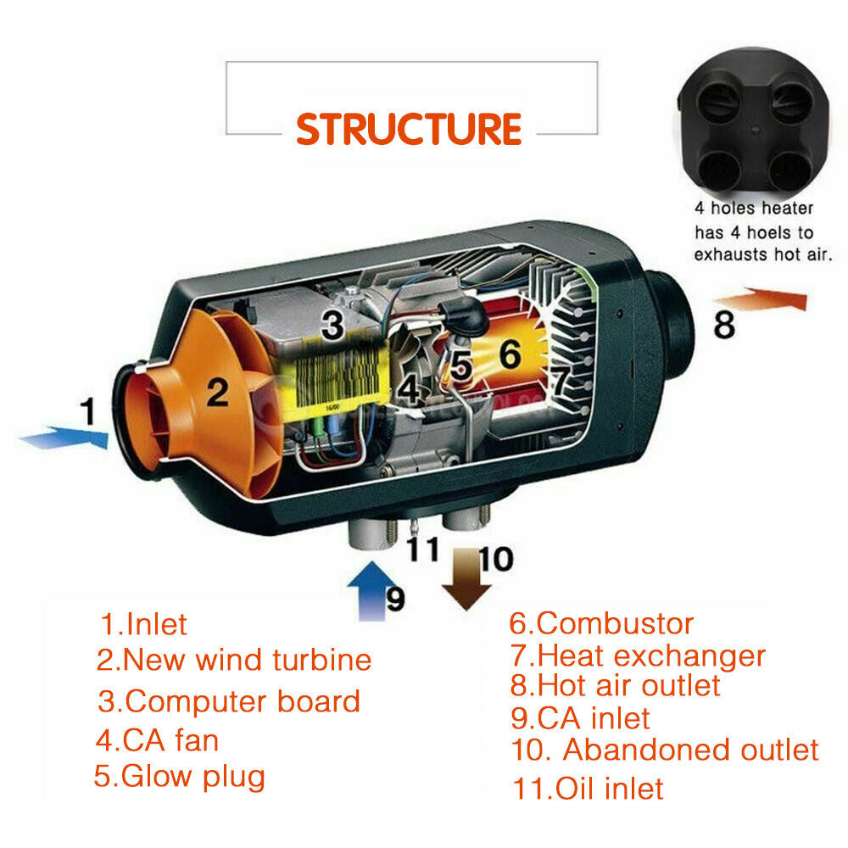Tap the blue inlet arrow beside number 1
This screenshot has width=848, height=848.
tap(64, 439)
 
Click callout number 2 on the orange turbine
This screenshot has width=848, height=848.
tap(218, 392)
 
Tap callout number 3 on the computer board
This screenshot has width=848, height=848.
tap(332, 324)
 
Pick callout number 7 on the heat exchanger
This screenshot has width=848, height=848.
tap(561, 381)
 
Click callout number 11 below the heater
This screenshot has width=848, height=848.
tap(421, 549)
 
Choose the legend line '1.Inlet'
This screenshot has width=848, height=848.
tap(143, 625)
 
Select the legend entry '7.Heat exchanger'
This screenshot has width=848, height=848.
tap(637, 656)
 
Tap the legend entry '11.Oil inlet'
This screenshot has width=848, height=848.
tap(588, 789)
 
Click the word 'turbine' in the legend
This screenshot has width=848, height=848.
tap(322, 660)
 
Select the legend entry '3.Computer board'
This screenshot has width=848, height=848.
tap(228, 701)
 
